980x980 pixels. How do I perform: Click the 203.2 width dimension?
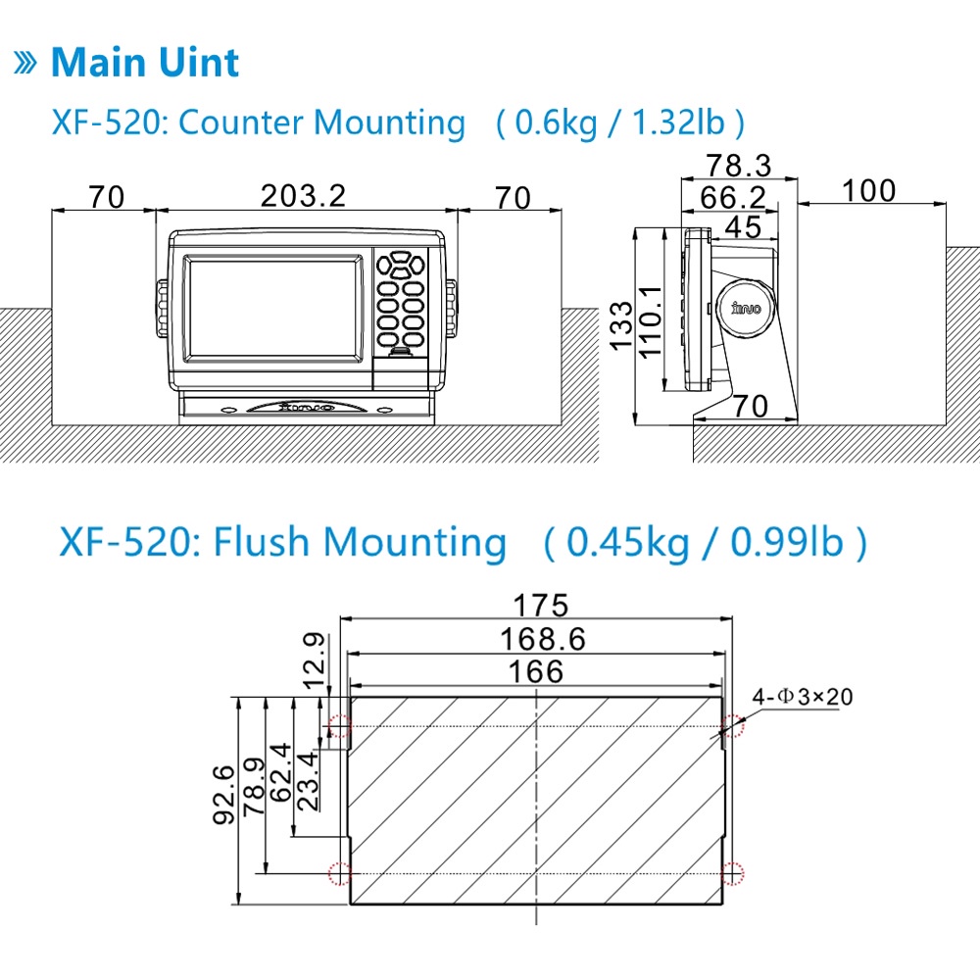click(x=303, y=196)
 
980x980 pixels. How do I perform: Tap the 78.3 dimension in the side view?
click(x=739, y=166)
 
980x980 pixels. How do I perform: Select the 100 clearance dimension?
click(x=868, y=191)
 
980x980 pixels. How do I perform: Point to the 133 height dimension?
click(x=621, y=326)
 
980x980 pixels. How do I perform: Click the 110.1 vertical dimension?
click(x=650, y=321)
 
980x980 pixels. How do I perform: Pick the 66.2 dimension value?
click(x=732, y=198)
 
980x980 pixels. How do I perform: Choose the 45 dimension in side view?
click(x=743, y=227)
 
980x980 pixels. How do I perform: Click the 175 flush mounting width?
click(x=541, y=606)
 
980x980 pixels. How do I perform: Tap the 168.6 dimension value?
click(x=543, y=639)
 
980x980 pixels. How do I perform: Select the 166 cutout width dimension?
click(x=536, y=672)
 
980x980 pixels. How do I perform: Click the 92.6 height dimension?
click(x=224, y=795)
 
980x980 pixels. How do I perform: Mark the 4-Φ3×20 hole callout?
click(x=803, y=696)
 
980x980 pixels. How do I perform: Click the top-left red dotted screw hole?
click(x=339, y=726)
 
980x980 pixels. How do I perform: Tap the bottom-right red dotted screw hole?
click(x=732, y=874)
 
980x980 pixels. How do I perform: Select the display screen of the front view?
click(x=272, y=309)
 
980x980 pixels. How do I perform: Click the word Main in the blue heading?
click(x=99, y=63)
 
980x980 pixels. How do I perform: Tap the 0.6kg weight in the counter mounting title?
click(x=556, y=122)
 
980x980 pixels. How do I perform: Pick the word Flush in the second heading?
click(x=262, y=541)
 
